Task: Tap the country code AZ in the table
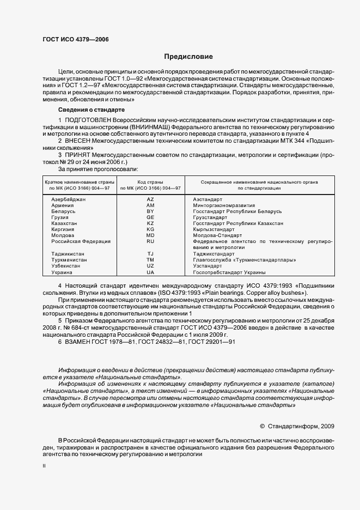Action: [x=150, y=199]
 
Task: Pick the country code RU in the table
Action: [x=150, y=241]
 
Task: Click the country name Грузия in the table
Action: [x=60, y=217]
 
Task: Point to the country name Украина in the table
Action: [x=62, y=272]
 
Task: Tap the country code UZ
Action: [x=150, y=266]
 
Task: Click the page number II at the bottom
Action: [x=44, y=466]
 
